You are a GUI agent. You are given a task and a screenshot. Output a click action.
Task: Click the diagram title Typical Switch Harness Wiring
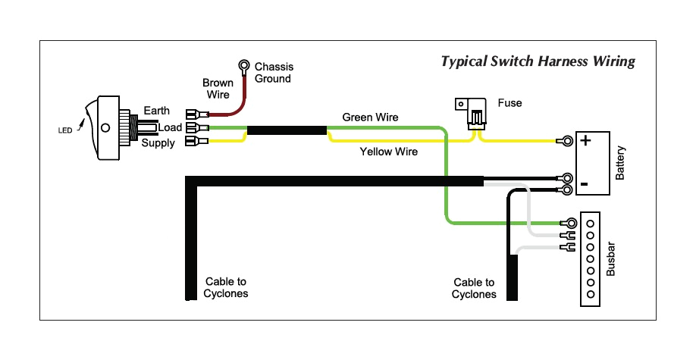coord(538,61)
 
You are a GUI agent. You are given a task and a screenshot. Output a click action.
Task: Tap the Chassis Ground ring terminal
coord(245,66)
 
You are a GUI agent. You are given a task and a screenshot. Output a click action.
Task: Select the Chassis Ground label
coord(274,73)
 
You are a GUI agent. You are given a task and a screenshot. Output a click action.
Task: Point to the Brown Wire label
coord(217,89)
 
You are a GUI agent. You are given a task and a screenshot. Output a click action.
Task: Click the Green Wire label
coord(370,117)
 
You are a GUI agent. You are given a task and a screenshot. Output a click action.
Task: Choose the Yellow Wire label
coord(388,152)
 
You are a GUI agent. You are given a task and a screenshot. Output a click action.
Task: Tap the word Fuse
coord(509,102)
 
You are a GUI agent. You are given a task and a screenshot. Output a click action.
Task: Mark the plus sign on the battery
coord(585,140)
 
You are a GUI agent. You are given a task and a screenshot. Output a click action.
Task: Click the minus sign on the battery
coord(585,184)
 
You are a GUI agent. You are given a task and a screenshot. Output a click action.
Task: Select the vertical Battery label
coord(620,163)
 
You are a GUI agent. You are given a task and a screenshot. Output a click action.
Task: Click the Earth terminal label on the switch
coord(156,111)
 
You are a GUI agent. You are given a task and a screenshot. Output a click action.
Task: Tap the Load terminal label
coord(169,127)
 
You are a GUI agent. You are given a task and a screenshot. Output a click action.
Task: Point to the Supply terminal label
coord(158,143)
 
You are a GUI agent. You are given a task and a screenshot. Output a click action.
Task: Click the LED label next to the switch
coord(65,130)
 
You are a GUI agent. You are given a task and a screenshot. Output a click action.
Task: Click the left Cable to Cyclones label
coord(226,287)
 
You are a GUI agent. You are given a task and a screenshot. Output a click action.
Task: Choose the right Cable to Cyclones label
coord(474,288)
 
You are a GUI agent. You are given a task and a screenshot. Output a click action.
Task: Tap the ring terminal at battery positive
coord(565,141)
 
